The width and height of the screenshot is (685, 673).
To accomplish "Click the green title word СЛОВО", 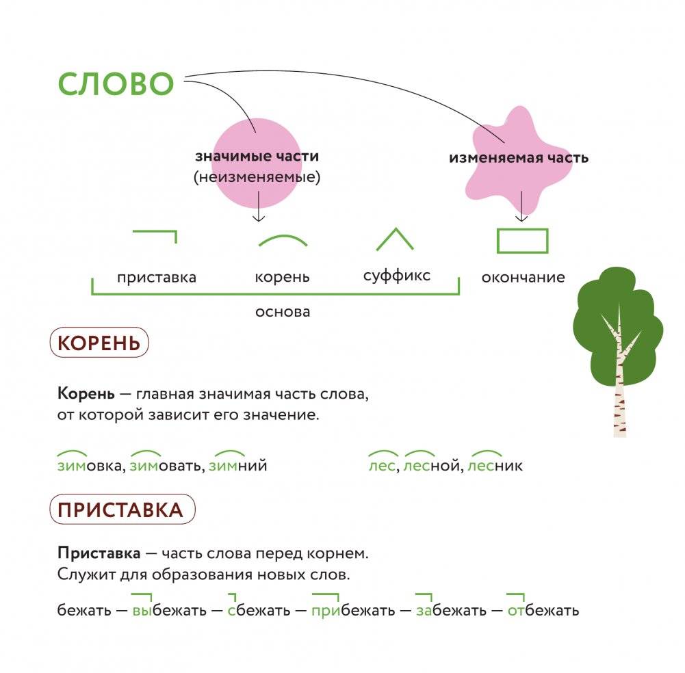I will (x=116, y=85).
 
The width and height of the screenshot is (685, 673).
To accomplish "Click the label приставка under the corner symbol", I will (x=157, y=278).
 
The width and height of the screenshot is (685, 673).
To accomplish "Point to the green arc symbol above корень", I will (x=283, y=240).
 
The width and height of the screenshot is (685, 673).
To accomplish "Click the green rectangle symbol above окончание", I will (x=522, y=241).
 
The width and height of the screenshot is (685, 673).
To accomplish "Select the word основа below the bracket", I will (x=283, y=312).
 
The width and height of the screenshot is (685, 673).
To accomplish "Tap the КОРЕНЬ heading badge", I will (x=99, y=343).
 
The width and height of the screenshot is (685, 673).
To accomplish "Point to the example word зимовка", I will (x=90, y=466).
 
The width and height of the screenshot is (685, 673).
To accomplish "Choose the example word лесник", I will (x=497, y=466).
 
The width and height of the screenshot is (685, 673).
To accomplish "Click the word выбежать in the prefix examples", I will (x=170, y=610).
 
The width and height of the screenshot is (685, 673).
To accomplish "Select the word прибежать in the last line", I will (x=353, y=610).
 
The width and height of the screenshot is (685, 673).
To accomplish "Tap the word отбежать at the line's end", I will (x=543, y=610).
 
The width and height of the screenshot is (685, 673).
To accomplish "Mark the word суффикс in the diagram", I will (x=397, y=276).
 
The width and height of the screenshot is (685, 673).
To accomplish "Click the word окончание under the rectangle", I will (x=523, y=278).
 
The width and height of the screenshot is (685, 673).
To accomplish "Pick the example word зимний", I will (x=237, y=466).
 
